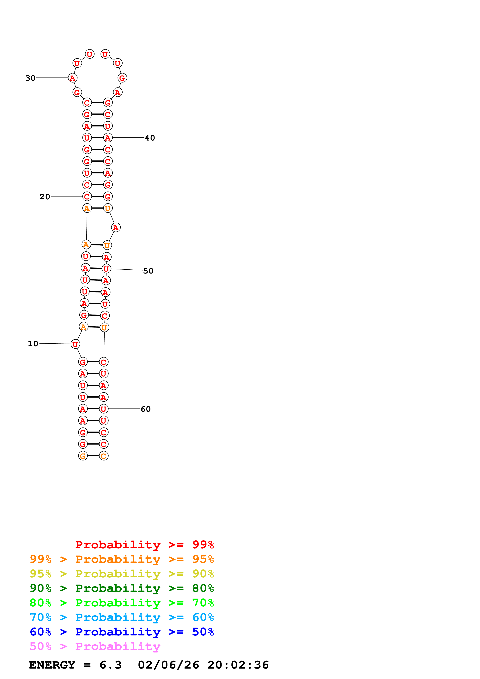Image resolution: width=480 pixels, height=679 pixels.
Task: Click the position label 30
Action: point(30,78)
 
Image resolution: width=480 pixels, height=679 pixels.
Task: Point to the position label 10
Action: point(33,344)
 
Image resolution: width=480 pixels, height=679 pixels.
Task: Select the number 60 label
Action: point(145,409)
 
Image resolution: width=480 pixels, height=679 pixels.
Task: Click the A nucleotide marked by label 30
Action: point(72,78)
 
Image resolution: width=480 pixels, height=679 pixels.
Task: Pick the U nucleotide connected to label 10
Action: point(75,344)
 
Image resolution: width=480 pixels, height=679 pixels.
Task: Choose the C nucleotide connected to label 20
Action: point(87,197)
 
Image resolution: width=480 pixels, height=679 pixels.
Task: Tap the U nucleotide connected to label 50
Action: point(106,269)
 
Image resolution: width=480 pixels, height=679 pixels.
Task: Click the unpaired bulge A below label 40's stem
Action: point(116,228)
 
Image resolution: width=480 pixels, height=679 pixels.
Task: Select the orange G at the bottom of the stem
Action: point(83,456)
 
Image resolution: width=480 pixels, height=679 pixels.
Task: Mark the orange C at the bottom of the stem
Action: point(104,456)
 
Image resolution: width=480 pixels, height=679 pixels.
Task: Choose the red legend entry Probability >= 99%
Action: point(144,545)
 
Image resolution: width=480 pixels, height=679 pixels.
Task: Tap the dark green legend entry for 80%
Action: point(122,588)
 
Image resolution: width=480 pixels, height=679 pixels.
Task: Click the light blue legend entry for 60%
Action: point(122,617)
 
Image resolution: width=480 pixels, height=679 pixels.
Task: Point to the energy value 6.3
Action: point(110,665)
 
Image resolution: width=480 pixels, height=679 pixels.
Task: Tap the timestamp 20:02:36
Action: point(238,665)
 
